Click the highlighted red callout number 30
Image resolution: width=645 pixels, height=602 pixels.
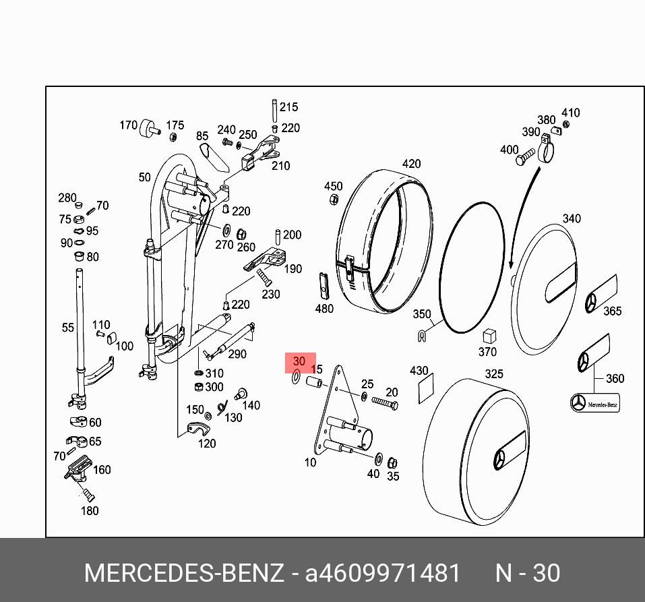click(x=299, y=362)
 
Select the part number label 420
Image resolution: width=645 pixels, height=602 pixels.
click(x=411, y=164)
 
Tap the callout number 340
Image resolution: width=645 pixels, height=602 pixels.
click(x=572, y=218)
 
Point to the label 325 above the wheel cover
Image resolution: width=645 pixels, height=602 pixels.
click(x=494, y=373)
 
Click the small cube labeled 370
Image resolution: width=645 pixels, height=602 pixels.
click(x=489, y=336)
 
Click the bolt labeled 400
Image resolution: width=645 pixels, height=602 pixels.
click(x=527, y=158)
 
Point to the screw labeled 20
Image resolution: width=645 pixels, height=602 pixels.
click(x=383, y=403)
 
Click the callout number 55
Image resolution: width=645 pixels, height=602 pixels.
click(x=68, y=328)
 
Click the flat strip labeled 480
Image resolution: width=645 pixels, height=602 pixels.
click(x=324, y=286)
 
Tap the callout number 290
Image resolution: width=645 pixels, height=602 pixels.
click(x=237, y=354)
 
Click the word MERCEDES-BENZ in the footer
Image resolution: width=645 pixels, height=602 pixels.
click(x=183, y=573)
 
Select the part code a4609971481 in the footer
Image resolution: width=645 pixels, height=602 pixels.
click(x=383, y=573)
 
